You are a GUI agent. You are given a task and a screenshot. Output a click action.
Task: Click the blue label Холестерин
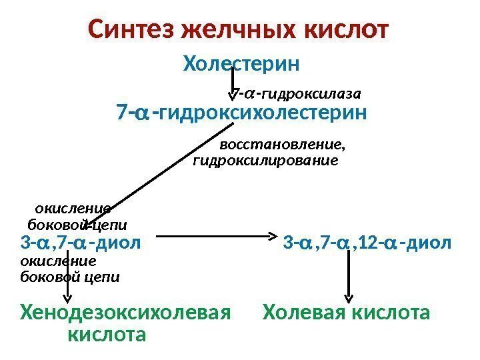pos(241,65)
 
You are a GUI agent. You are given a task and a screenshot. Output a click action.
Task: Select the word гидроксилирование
pos(265,161)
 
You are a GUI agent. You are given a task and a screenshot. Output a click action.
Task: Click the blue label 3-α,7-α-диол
pos(81,241)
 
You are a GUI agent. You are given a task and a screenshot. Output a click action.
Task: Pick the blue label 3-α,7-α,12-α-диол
pos(367,241)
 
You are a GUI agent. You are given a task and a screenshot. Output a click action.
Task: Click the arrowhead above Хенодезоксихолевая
pos(69,298)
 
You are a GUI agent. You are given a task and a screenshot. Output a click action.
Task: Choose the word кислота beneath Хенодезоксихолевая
pos(106,333)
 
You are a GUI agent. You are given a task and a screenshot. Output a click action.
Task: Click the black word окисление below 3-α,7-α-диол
pos(59,261)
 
